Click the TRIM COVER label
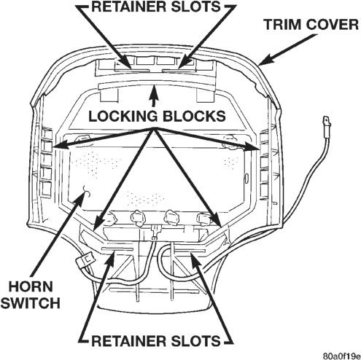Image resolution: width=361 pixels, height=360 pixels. (311, 25)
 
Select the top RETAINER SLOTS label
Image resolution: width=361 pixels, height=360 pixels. (156, 7)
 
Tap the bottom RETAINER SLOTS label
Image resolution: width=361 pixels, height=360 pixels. (156, 340)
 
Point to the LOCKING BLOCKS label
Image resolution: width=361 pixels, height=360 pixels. (157, 116)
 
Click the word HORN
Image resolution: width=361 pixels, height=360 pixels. (31, 286)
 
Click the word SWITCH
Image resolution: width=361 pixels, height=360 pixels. (31, 302)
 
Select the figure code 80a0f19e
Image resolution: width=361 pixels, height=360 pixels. (341, 356)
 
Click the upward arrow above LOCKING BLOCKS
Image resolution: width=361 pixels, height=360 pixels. (153, 95)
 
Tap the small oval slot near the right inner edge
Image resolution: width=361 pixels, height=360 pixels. (246, 177)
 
